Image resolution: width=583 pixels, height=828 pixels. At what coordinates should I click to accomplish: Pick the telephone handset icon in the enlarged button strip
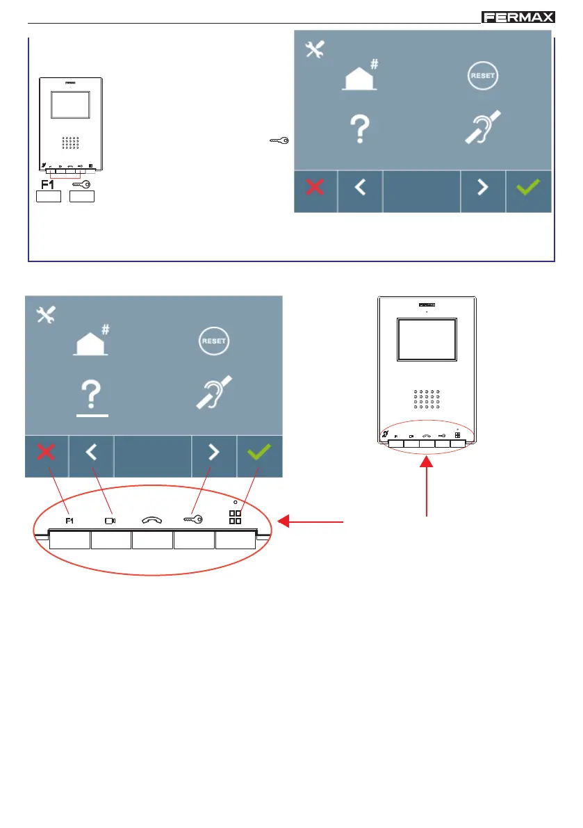pos(153,519)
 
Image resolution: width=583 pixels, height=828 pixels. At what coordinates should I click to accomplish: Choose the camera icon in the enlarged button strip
pos(110,519)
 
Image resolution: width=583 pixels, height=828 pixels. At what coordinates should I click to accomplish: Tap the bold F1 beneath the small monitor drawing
pos(47,185)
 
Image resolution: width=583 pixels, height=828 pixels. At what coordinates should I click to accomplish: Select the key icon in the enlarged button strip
pos(194,519)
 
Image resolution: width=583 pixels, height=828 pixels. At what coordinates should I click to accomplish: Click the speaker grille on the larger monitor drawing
pos(426,400)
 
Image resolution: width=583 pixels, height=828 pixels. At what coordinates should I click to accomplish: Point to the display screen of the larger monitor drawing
pos(427,339)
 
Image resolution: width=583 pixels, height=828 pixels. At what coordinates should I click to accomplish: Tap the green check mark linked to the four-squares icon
pos(259,453)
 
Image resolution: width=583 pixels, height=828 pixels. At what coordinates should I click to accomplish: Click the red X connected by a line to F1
pos(47,453)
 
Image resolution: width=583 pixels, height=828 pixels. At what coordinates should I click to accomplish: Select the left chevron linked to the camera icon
pos(92,453)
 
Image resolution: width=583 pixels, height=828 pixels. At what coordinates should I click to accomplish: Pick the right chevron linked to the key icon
pos(214,453)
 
